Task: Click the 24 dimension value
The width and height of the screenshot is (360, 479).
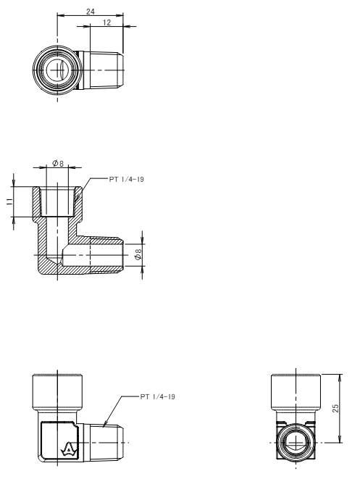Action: coord(91,12)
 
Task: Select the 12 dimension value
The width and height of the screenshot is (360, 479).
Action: coord(107,22)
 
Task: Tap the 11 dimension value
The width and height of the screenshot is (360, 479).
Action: coord(9,201)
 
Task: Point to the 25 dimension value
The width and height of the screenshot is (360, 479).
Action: coord(335,409)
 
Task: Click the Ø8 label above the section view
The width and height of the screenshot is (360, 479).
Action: coord(58,164)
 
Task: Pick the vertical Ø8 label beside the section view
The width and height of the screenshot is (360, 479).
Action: coord(138,254)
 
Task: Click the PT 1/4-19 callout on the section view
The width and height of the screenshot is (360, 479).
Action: coord(127,179)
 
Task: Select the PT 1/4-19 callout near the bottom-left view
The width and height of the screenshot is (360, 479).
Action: coord(158,397)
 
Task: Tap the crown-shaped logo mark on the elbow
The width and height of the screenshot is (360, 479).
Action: coord(68,450)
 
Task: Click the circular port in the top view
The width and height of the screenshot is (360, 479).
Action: coord(57,70)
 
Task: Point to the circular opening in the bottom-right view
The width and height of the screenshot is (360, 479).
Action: coord(296,442)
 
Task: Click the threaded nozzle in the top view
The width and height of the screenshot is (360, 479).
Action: coord(103,70)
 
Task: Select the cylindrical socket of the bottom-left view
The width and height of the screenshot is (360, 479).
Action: coord(57,392)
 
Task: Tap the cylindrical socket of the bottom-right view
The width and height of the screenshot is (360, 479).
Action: coord(296,392)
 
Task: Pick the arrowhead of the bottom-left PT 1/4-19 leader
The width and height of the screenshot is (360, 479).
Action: coord(105,424)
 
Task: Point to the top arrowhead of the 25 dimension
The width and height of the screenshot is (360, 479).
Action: coord(340,378)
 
